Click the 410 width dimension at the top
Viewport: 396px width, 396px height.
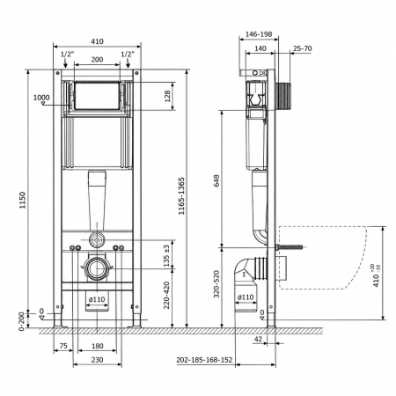point(97,41)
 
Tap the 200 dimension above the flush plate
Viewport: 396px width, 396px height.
point(97,60)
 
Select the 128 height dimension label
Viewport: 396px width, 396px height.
point(167,96)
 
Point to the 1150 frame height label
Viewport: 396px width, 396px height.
point(23,200)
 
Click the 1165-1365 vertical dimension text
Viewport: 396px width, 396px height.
point(181,196)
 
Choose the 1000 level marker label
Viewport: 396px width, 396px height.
point(41,98)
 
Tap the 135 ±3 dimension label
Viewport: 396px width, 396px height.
point(166,256)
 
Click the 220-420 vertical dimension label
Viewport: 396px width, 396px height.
point(166,295)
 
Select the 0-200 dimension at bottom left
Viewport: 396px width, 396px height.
point(22,321)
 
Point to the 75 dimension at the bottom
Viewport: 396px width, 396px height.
point(63,346)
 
